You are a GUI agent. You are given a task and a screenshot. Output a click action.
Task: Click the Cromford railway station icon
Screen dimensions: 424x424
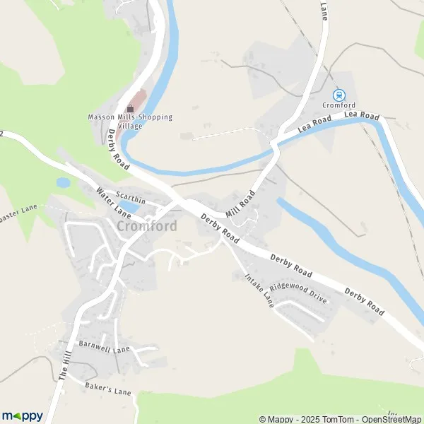338,95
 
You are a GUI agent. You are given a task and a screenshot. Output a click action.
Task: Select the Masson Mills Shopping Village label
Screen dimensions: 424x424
130,121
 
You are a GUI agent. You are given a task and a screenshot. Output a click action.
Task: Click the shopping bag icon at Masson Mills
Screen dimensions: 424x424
130,107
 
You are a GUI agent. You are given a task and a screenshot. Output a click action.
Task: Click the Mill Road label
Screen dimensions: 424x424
240,204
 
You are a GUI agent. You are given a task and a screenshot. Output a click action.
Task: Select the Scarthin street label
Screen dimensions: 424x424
131,201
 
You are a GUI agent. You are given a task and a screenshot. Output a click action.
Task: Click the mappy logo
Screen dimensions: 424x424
22,416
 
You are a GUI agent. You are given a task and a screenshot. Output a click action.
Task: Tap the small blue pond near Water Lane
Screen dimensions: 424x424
63,182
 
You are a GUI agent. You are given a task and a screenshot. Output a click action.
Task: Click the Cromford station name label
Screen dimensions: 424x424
337,105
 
